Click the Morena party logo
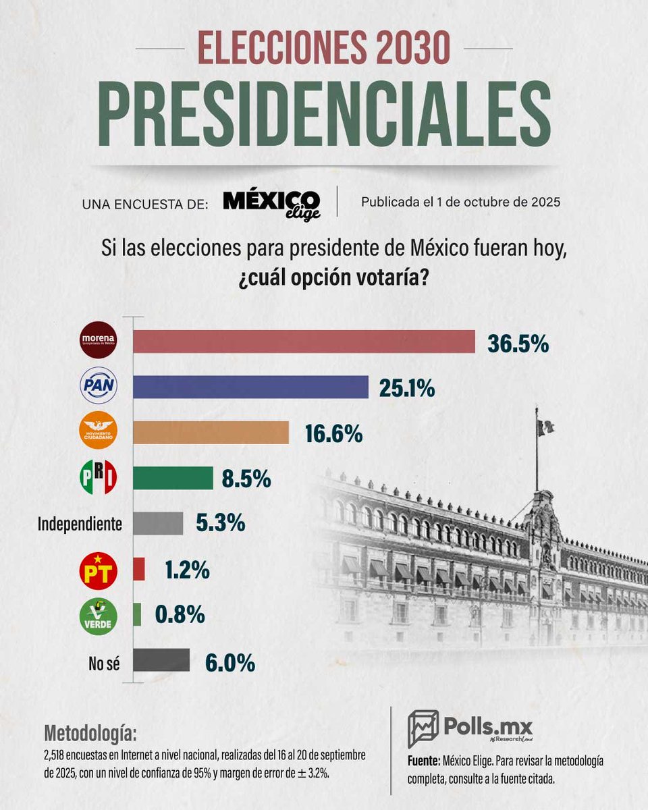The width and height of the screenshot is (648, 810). point(99,342)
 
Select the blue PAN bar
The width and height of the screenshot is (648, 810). point(250,387)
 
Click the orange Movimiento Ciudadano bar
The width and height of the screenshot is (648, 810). point(211,432)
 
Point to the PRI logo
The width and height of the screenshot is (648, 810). point(99,477)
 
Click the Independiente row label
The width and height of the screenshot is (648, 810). point(80,523)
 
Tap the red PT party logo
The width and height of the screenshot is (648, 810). point(99,570)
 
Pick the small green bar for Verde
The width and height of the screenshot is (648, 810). point(137,614)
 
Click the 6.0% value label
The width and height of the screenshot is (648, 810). point(230,662)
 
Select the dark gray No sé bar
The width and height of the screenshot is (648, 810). point(161,660)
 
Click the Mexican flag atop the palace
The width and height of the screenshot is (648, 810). point(545,426)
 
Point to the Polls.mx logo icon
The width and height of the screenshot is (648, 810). point(423,728)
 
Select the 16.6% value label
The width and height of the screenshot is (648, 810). point(333,434)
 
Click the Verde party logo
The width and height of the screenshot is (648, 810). point(99,616)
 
